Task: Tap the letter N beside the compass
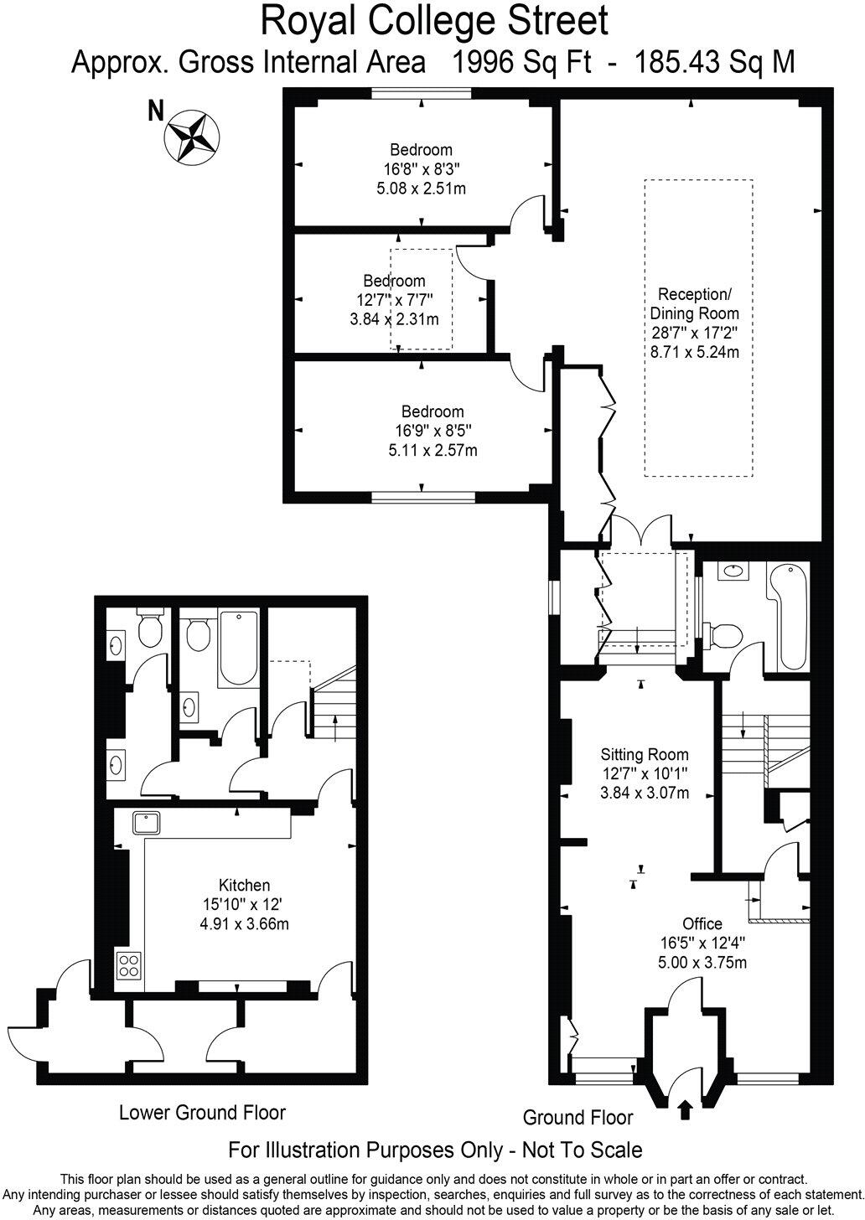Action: pyautogui.click(x=155, y=112)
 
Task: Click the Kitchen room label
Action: pyautogui.click(x=244, y=885)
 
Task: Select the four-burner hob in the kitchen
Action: pyautogui.click(x=129, y=965)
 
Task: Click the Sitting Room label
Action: pyautogui.click(x=645, y=754)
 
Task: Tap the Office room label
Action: pyautogui.click(x=702, y=923)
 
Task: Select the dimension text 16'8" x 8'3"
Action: pyautogui.click(x=421, y=169)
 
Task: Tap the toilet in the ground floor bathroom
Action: pyautogui.click(x=723, y=634)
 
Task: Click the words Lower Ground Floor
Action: pyautogui.click(x=202, y=1113)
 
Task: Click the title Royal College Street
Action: pyautogui.click(x=434, y=21)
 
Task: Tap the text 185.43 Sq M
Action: pyautogui.click(x=715, y=62)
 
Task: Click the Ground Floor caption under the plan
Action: pyautogui.click(x=578, y=1117)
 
